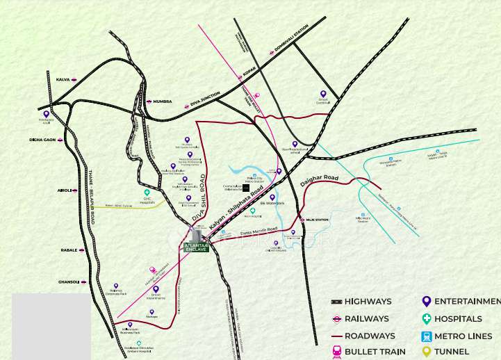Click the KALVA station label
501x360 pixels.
[63, 79]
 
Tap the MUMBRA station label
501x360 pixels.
[163, 101]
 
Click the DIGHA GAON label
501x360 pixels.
[42, 140]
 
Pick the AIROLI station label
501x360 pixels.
[65, 190]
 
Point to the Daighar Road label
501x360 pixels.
[319, 183]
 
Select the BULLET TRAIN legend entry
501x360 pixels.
[375, 352]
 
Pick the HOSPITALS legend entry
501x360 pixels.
[458, 319]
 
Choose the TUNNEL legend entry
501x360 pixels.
[452, 352]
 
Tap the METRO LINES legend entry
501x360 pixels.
[461, 336]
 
